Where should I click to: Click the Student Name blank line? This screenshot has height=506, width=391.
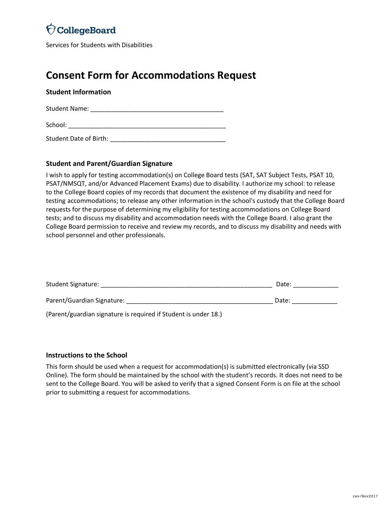coord(157,109)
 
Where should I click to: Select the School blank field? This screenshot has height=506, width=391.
coord(147,126)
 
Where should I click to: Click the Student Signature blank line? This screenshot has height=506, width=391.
coord(186,285)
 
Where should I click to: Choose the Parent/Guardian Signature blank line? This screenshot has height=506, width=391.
coord(199,301)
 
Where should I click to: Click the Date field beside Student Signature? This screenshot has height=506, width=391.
coord(316,285)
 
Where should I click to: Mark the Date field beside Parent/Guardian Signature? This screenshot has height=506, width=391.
coord(315,301)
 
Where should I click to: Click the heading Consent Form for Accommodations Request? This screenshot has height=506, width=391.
coord(151,75)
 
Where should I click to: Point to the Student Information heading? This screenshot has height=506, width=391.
coord(78,92)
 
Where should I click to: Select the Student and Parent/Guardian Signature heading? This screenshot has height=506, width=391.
coord(109,163)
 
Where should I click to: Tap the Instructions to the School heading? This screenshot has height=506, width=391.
coord(86,355)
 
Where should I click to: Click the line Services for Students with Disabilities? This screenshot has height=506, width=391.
coord(99,45)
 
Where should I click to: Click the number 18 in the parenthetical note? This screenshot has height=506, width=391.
coord(214,314)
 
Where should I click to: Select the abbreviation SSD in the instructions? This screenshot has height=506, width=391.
coord(323,367)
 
